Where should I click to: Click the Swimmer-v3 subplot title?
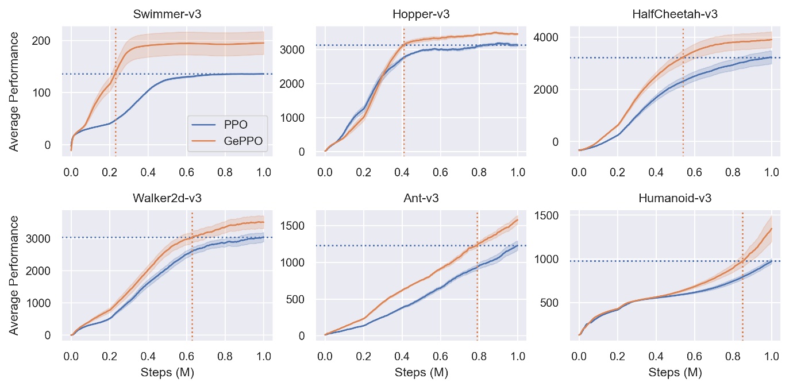[167, 14]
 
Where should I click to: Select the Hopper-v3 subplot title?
[421, 14]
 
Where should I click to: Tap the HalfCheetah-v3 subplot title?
[675, 14]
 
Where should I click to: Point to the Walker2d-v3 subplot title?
[167, 198]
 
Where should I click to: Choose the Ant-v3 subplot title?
[421, 198]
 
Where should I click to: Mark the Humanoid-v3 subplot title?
[675, 198]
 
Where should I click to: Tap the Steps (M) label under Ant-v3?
[421, 373]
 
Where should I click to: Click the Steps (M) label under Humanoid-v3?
[675, 373]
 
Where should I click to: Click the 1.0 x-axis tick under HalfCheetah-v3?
[771, 171]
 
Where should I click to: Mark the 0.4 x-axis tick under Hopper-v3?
[402, 171]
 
